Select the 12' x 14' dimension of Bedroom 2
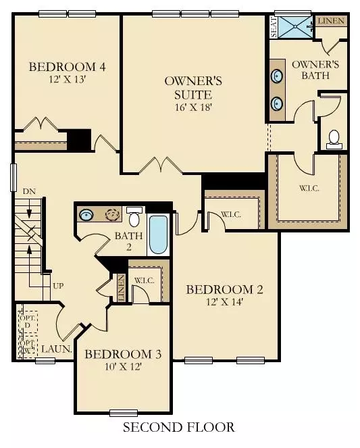(x=224, y=302)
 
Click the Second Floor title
(x=179, y=427)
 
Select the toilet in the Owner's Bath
(x=333, y=139)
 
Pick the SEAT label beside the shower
(x=274, y=28)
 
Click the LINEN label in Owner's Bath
(x=331, y=21)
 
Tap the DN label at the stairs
(x=28, y=192)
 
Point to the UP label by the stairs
(x=59, y=286)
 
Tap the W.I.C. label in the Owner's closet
(x=307, y=188)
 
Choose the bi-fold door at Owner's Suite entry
(x=161, y=165)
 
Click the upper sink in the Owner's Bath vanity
(x=278, y=75)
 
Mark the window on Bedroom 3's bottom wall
(x=123, y=412)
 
